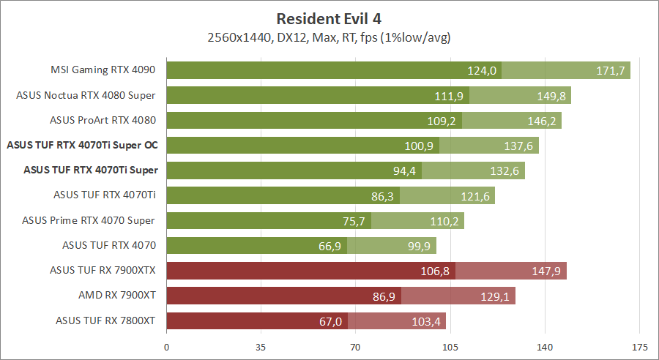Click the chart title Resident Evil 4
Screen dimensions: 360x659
[329, 18]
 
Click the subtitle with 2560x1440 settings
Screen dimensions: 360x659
[329, 37]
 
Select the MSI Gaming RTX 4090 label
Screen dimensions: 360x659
[103, 70]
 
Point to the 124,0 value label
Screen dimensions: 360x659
[483, 70]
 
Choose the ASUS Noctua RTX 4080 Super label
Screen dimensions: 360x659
[86, 95]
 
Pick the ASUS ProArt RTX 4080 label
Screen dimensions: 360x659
[103, 120]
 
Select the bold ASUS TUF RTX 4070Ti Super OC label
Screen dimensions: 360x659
[82, 145]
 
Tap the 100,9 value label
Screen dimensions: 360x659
[420, 146]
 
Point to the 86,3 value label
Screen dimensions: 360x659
[380, 195]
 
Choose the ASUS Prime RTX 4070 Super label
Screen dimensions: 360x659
[89, 220]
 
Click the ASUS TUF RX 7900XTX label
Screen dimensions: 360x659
[103, 271]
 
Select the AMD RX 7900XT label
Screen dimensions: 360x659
[117, 296]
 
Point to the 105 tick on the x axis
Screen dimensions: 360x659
[450, 347]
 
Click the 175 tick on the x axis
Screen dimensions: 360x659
[639, 347]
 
